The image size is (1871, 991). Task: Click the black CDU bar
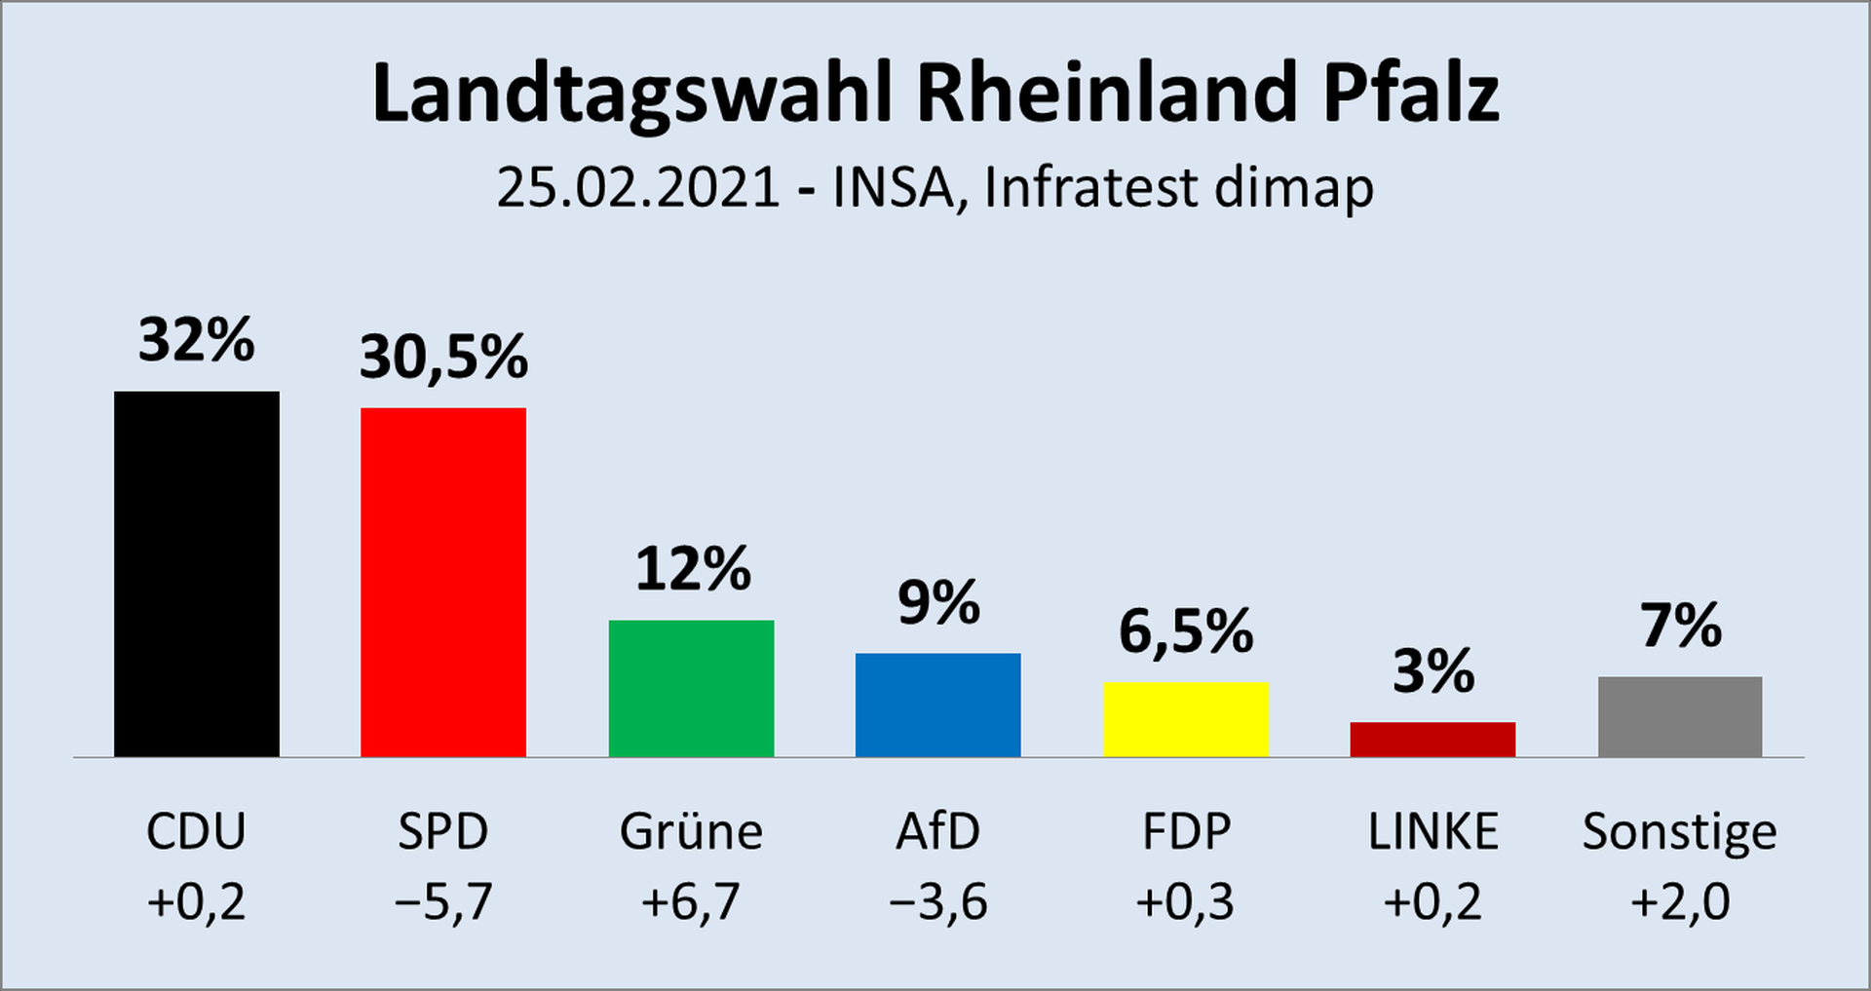[196, 574]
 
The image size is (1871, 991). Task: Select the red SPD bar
[443, 582]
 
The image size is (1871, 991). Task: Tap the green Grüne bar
[691, 688]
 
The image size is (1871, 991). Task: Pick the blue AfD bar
[937, 705]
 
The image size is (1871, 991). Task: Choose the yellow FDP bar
[1185, 719]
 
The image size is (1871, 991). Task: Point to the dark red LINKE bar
[1432, 739]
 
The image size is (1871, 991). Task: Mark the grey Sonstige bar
[1680, 716]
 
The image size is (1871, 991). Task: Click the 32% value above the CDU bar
[196, 340]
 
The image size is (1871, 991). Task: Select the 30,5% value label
[443, 357]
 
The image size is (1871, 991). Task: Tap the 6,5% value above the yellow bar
[1185, 631]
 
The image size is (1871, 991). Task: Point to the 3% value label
[1432, 671]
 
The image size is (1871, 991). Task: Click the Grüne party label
[691, 831]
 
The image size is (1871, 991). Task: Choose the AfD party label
[937, 831]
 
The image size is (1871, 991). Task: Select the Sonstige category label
[1679, 833]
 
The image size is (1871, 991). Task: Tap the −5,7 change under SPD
[443, 901]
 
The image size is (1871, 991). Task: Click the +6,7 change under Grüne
[691, 901]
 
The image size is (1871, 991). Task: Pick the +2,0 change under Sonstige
[1680, 901]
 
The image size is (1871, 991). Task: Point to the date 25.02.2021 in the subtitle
[638, 187]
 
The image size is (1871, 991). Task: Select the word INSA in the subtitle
[892, 187]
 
